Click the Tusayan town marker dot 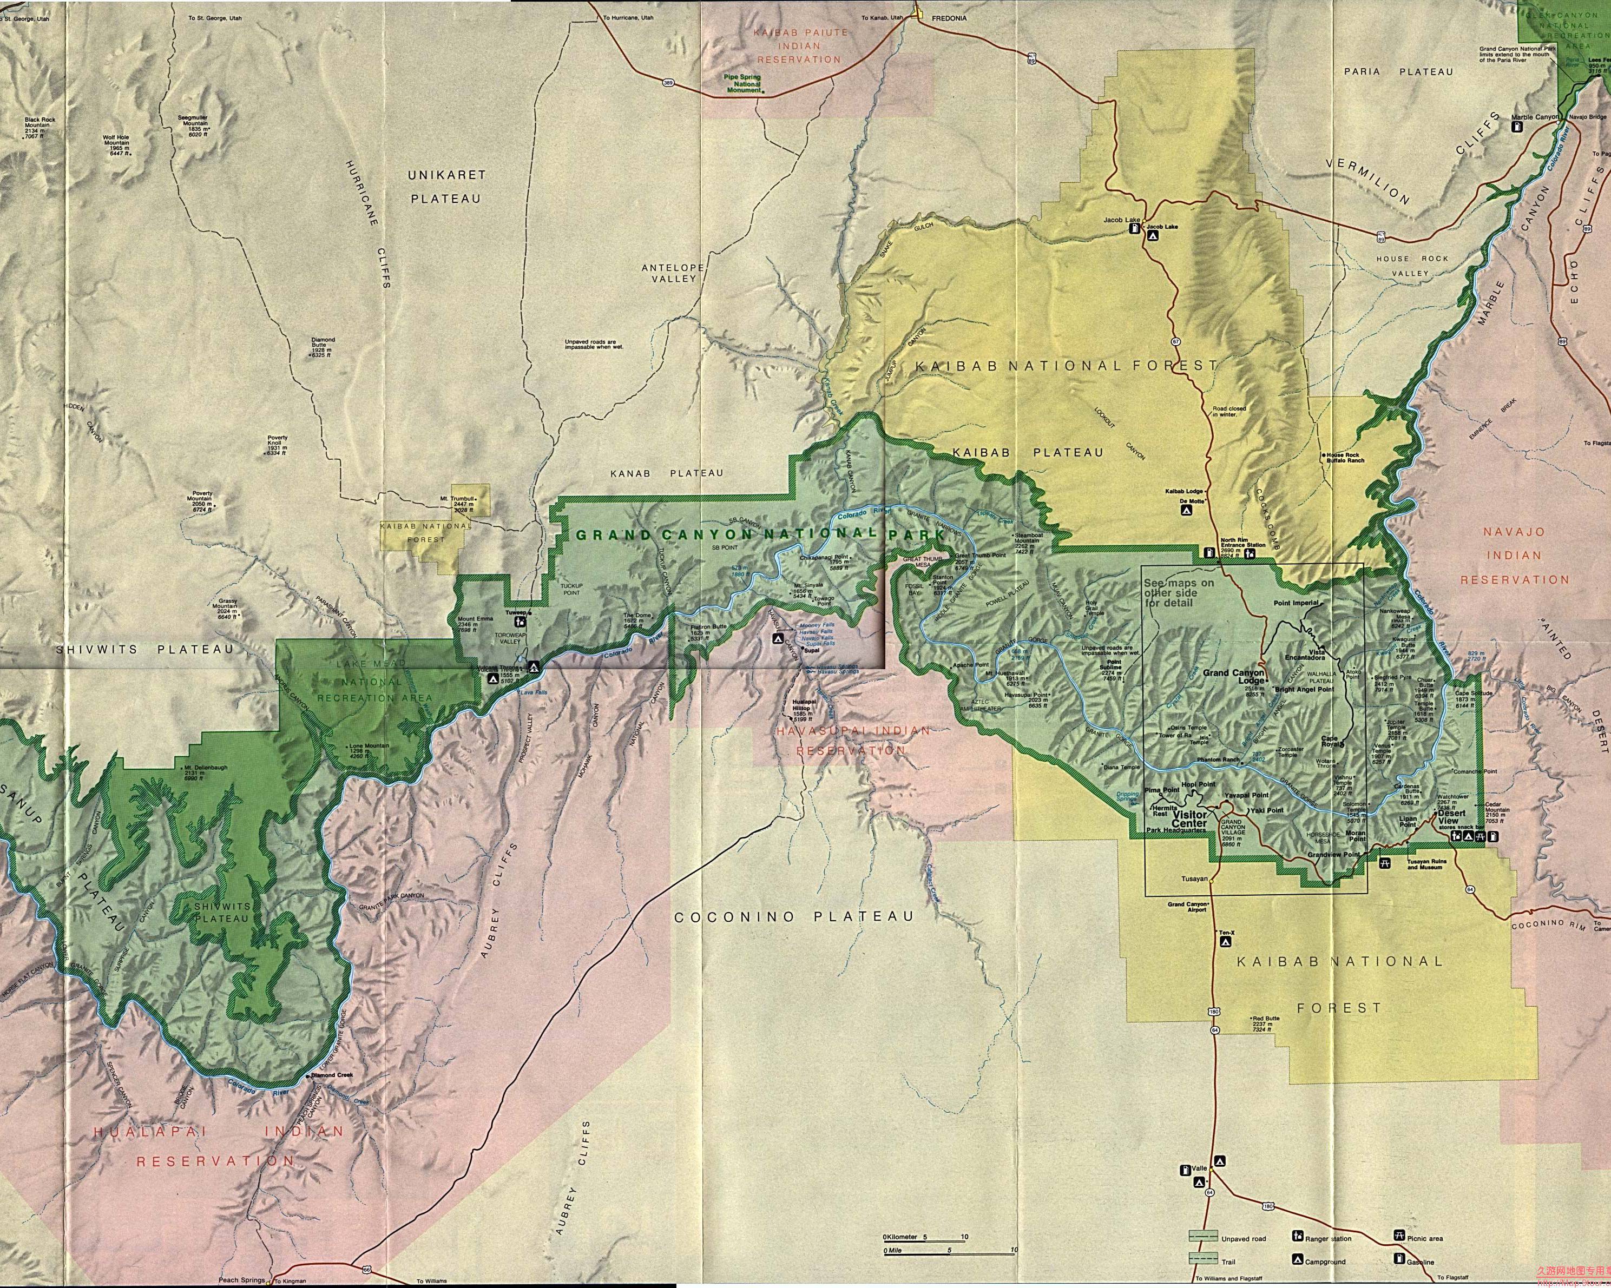(x=1211, y=880)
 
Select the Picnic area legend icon (x=1397, y=1237)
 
